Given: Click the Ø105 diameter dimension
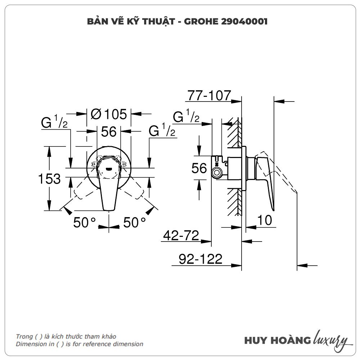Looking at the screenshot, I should pos(109,114).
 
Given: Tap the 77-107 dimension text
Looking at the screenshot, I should pos(209,95).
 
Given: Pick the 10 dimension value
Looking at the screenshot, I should pos(265,220).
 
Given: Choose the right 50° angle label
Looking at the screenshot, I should pos(134,222).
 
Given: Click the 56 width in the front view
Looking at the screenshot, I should pos(108,132).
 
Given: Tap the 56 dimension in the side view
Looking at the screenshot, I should pos(199,168).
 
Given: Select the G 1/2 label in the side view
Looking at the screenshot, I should pos(186,117).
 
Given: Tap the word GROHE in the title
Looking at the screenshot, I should pos(199,22).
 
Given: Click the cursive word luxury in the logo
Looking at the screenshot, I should pos(330,339).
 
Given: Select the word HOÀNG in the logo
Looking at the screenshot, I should pos(291,340).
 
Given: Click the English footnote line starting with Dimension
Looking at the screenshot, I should pos(79,344).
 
